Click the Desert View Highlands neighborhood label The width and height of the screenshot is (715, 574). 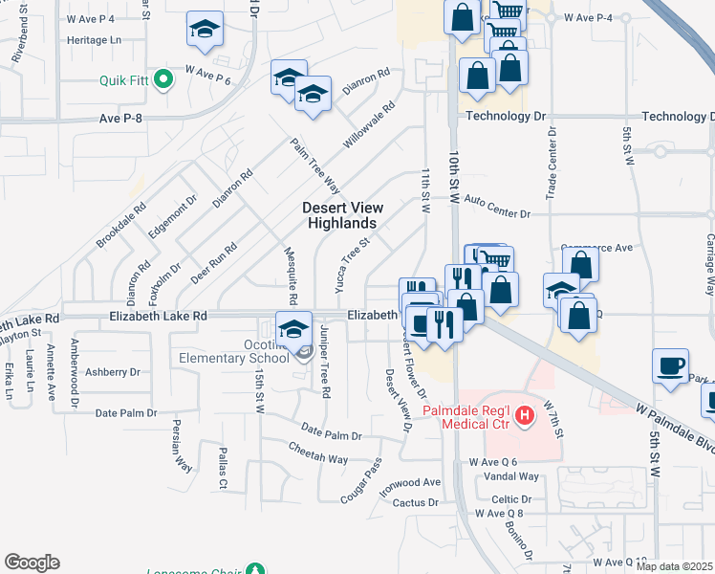click(x=343, y=215)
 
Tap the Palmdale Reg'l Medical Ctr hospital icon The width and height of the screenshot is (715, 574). click(x=524, y=415)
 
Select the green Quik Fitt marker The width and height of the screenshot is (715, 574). click(x=162, y=79)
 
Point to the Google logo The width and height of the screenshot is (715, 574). click(x=32, y=563)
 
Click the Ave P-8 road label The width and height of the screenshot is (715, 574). click(x=120, y=118)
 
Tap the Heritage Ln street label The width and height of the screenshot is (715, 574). click(x=95, y=40)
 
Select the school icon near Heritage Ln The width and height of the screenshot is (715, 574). click(x=205, y=31)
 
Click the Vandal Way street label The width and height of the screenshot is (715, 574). click(x=512, y=476)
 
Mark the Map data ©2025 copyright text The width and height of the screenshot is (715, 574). click(x=674, y=566)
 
